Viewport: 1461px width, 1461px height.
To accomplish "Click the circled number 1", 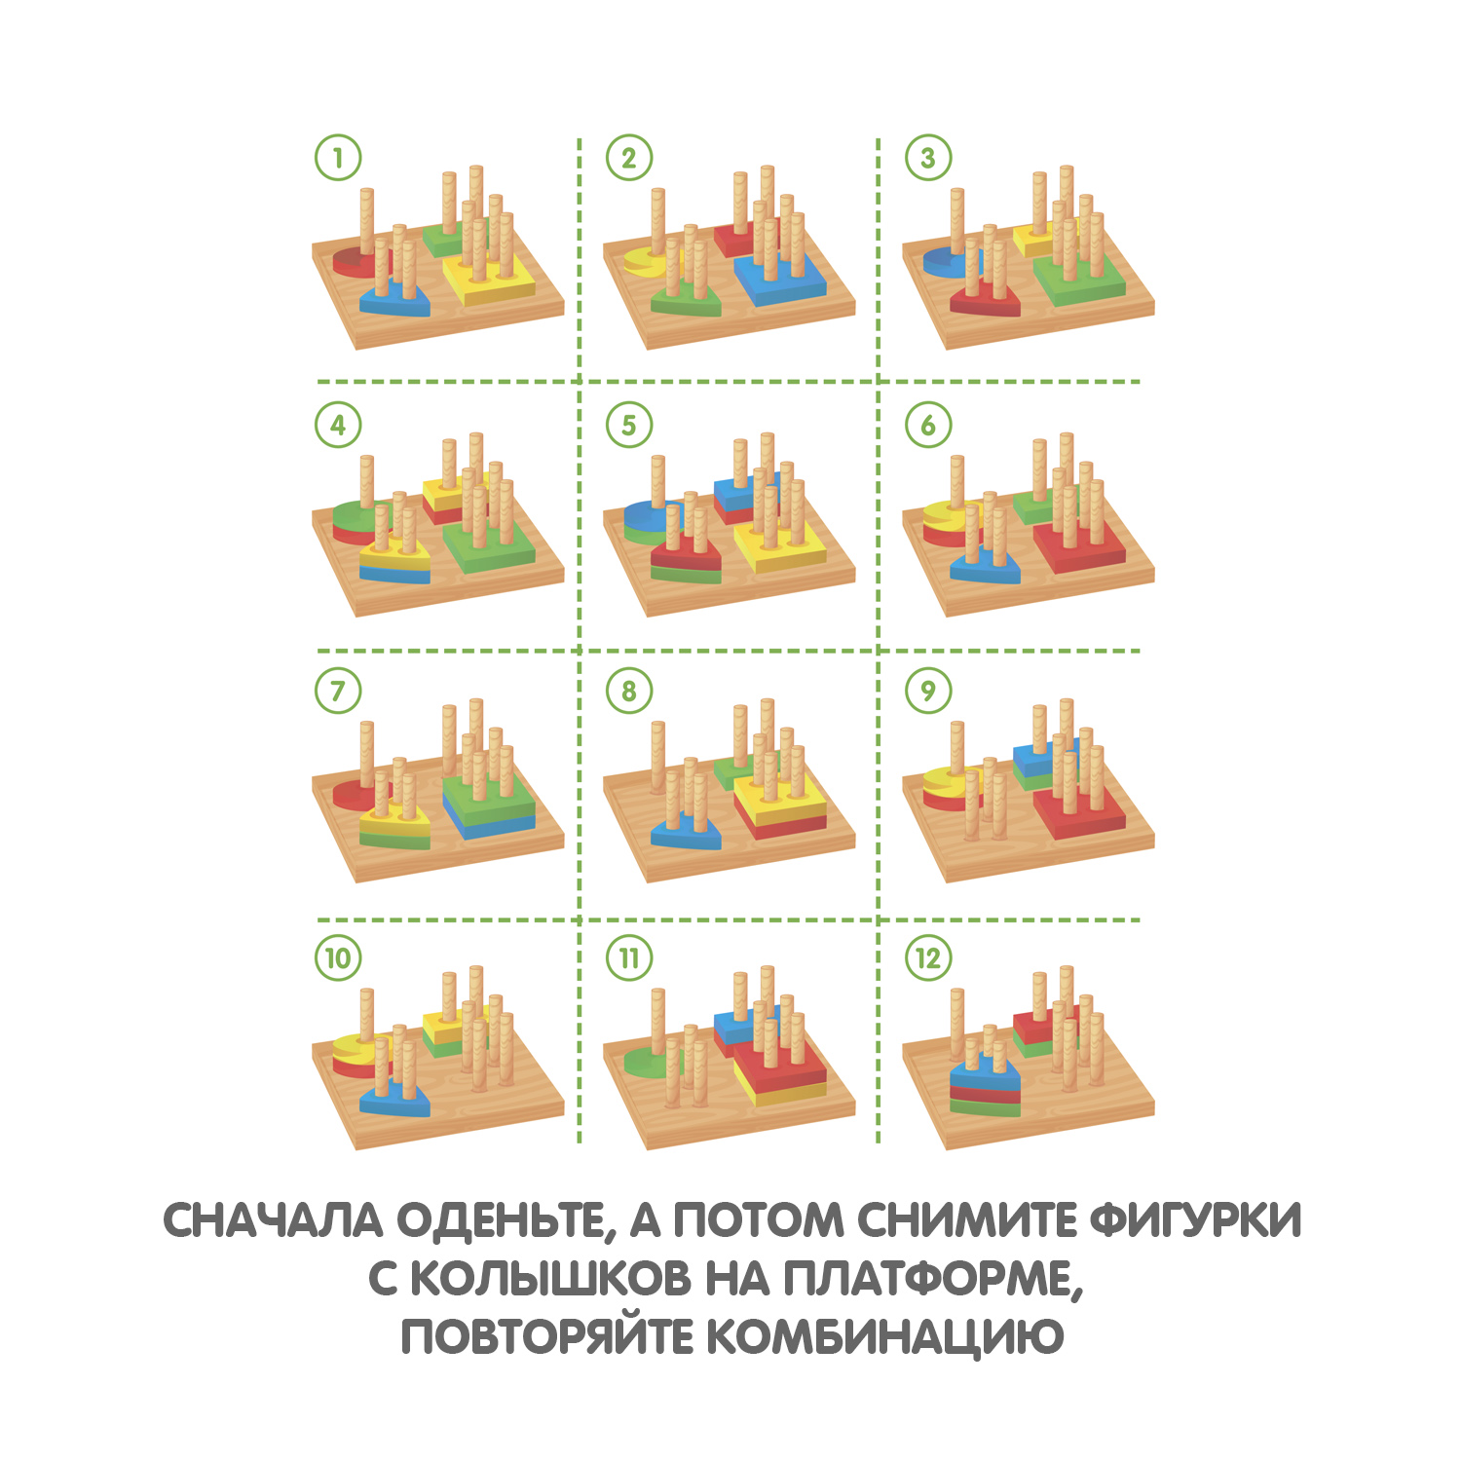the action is point(338,158).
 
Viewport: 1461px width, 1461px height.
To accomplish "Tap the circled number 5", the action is point(629,425).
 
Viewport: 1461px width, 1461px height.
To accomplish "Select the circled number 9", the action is point(928,691).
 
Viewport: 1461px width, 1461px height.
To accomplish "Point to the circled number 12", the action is point(928,958).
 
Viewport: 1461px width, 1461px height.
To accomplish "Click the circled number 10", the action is point(338,958).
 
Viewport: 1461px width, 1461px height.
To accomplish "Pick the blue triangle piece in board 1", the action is point(395,299).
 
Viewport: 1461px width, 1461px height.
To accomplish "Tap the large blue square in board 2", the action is point(780,278).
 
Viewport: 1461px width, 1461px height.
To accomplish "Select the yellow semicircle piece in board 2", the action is point(643,263).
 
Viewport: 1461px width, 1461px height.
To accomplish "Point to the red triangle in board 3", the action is point(986,299).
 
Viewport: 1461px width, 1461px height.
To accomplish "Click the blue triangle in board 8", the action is point(687,833).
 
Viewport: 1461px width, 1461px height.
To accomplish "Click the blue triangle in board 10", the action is point(395,1099).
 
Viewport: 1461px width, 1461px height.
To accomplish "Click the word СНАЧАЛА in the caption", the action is point(273,1220).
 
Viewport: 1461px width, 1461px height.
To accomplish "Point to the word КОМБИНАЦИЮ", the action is point(884,1336).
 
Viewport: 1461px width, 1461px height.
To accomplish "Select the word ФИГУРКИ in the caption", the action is point(1195,1220).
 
